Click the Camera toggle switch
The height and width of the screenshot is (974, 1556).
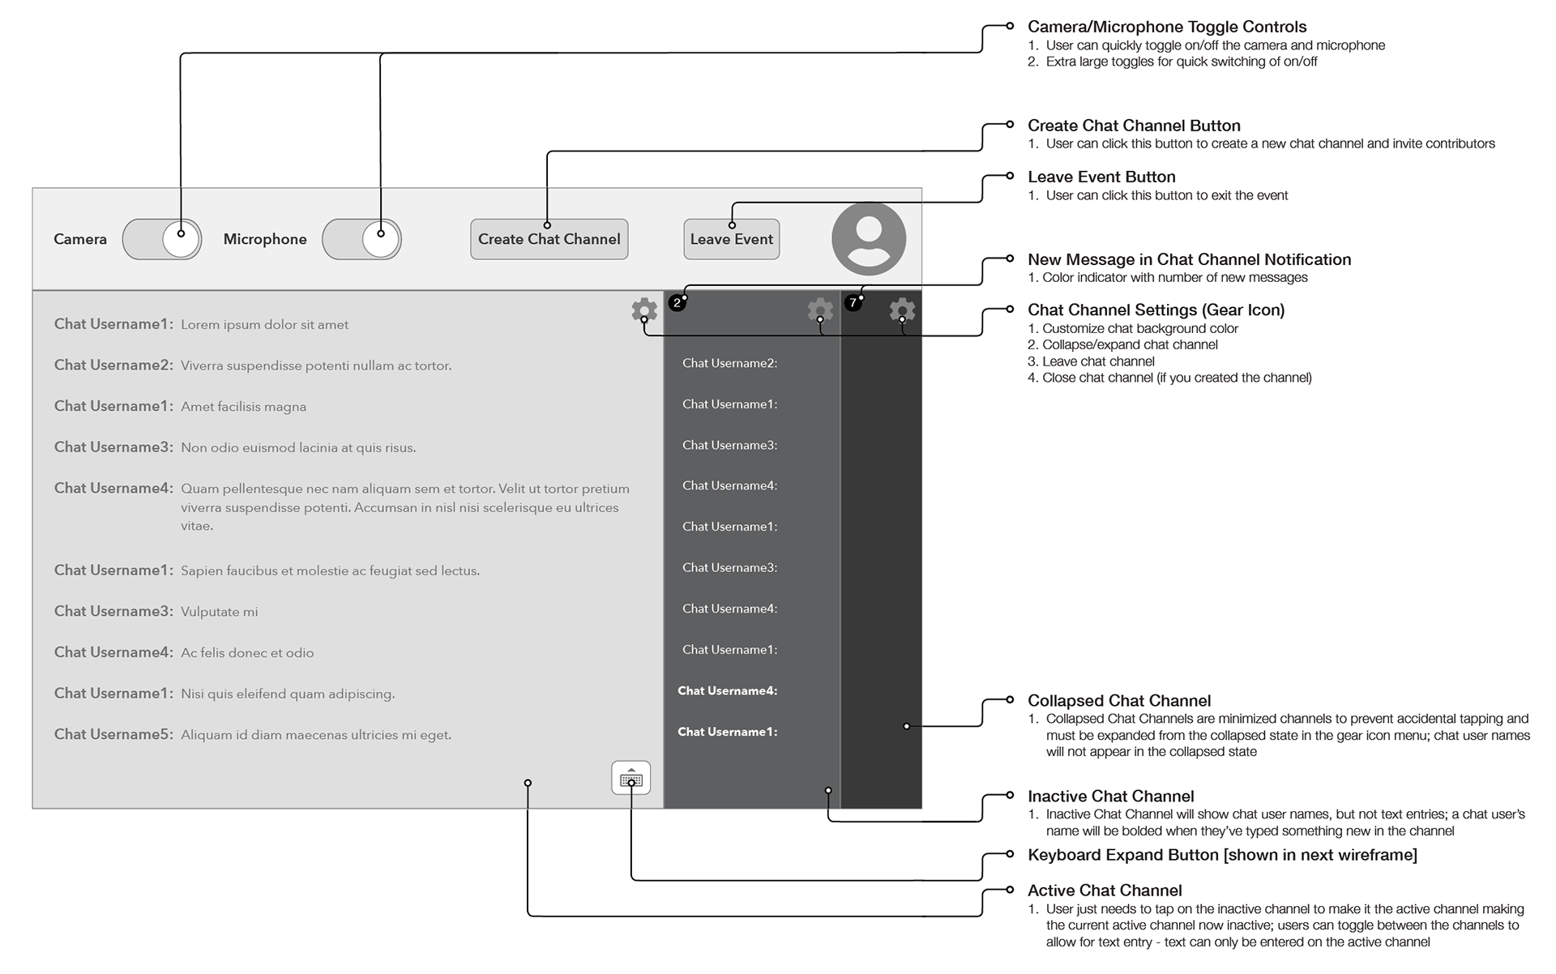coord(162,239)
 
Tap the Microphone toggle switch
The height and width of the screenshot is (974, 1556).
coord(361,239)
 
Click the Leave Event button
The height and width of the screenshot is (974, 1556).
coord(731,239)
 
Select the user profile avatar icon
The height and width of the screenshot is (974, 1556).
coord(868,238)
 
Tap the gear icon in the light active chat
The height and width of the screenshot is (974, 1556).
coord(644,310)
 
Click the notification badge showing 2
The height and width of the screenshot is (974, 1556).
coord(677,303)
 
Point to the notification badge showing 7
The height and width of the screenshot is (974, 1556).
coord(853,303)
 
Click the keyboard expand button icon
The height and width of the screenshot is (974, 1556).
coord(631,779)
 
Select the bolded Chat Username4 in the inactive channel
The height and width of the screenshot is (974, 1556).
coord(727,691)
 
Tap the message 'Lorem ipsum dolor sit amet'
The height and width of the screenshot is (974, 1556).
coord(264,325)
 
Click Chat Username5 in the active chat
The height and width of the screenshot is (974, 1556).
coord(113,734)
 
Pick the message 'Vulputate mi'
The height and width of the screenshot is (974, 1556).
coord(219,612)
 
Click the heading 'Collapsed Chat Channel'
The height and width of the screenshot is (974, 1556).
coord(1118,701)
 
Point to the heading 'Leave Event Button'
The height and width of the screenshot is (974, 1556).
coord(1101,177)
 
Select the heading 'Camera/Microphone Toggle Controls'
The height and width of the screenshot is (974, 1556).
coord(1166,27)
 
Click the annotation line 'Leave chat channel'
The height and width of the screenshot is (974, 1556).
coord(1097,361)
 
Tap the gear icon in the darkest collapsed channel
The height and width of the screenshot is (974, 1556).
coord(902,310)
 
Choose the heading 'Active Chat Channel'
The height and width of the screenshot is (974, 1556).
coord(1104,891)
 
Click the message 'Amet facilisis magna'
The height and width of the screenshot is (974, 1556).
coord(243,407)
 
